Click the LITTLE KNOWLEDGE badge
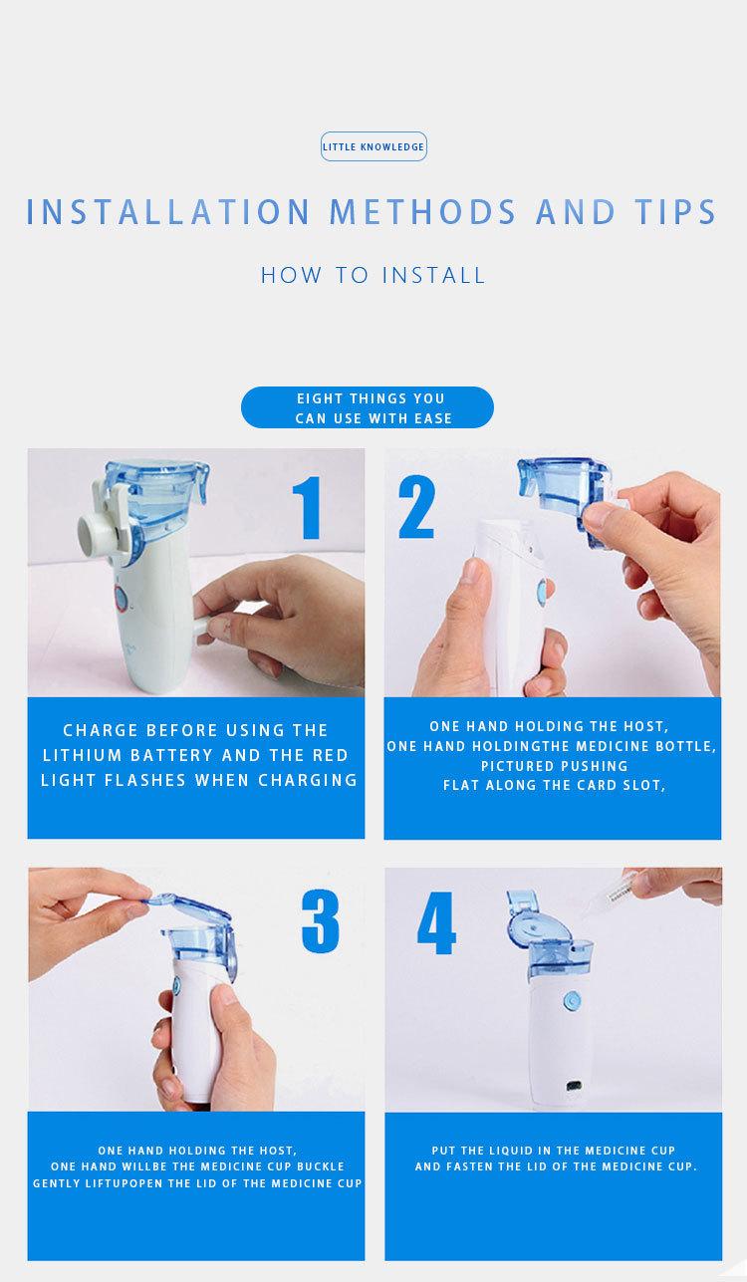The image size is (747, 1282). pos(373,146)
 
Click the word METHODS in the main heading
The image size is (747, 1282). pos(423,212)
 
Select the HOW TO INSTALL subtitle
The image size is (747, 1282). pos(373,275)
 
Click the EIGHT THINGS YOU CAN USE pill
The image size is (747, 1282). pos(367,407)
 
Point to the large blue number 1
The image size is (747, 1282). pos(308,508)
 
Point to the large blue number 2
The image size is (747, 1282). pos(416,507)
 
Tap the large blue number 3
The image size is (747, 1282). pos(321,920)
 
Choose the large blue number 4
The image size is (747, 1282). pos(436,922)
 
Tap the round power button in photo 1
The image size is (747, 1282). pos(121,599)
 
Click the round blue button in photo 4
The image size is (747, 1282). pos(572,1000)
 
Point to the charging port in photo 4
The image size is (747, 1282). pos(574,1085)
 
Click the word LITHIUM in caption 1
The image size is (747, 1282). pos(82,755)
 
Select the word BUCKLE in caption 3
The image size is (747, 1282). pos(321,1166)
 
